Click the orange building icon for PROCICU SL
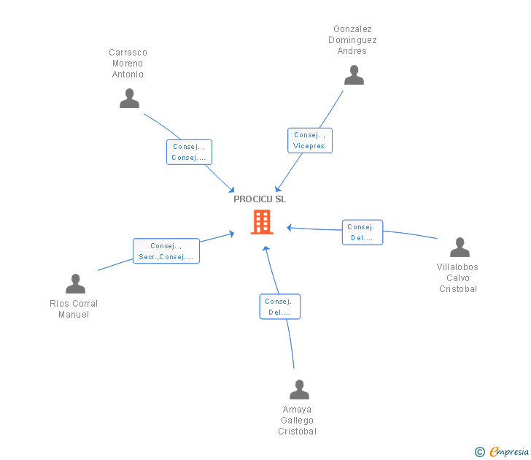261,222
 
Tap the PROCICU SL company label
260,199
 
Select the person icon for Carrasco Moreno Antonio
129,99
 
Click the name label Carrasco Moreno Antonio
128,64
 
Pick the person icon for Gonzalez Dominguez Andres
354,75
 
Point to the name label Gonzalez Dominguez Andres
352,40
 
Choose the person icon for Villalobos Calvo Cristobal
460,248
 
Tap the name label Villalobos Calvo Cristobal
457,278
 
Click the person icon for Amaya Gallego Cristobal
299,390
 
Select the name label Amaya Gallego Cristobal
297,421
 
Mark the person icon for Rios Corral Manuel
75,284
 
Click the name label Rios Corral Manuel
74,309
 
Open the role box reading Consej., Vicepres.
310,140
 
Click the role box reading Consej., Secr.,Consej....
166,251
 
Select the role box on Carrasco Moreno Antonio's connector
189,152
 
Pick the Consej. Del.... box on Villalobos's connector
362,232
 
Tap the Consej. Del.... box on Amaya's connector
279,307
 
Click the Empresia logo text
508,452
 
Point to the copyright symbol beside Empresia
480,452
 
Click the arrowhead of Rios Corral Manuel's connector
232,234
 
